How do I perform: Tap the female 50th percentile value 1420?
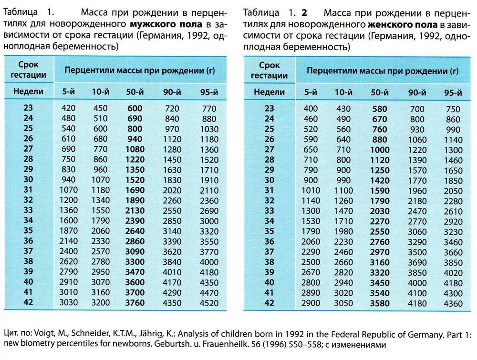tap(379, 181)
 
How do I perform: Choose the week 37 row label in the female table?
tap(270, 251)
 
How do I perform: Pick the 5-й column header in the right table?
tap(311, 93)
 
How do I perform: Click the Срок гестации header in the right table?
tap(270, 70)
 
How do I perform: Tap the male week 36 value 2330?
tap(101, 241)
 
